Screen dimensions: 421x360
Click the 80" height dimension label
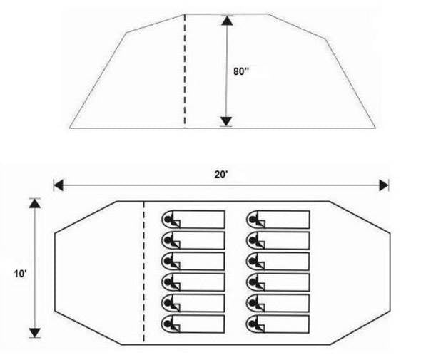point(241,71)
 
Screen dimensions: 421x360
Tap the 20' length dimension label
point(221,175)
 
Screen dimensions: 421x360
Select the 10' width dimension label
point(21,274)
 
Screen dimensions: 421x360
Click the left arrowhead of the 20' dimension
point(59,185)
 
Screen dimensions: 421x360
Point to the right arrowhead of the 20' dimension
point(384,185)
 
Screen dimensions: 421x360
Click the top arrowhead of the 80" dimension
point(227,21)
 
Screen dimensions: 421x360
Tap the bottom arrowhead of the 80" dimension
point(226,121)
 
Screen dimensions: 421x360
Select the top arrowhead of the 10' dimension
point(35,203)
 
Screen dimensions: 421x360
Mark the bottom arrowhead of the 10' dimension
point(35,333)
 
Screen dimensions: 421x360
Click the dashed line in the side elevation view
point(185,70)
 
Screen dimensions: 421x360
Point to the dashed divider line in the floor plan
point(144,272)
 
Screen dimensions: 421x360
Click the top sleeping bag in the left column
point(193,220)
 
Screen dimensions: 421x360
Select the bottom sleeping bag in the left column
point(193,324)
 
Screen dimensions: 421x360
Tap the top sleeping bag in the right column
point(278,220)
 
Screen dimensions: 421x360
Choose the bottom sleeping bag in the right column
point(278,324)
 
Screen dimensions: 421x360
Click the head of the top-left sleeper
point(168,220)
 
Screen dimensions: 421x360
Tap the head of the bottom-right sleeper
point(253,324)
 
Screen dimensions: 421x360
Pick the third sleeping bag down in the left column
point(193,262)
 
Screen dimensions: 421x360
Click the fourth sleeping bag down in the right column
point(278,282)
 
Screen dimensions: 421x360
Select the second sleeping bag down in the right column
point(278,240)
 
